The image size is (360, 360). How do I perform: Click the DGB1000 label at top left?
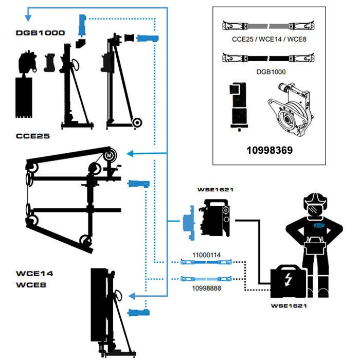click(x=40, y=32)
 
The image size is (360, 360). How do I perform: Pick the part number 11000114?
click(x=207, y=255)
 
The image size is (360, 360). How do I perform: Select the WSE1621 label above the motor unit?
click(x=215, y=190)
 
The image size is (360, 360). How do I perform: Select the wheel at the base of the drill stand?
click(x=137, y=122)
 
